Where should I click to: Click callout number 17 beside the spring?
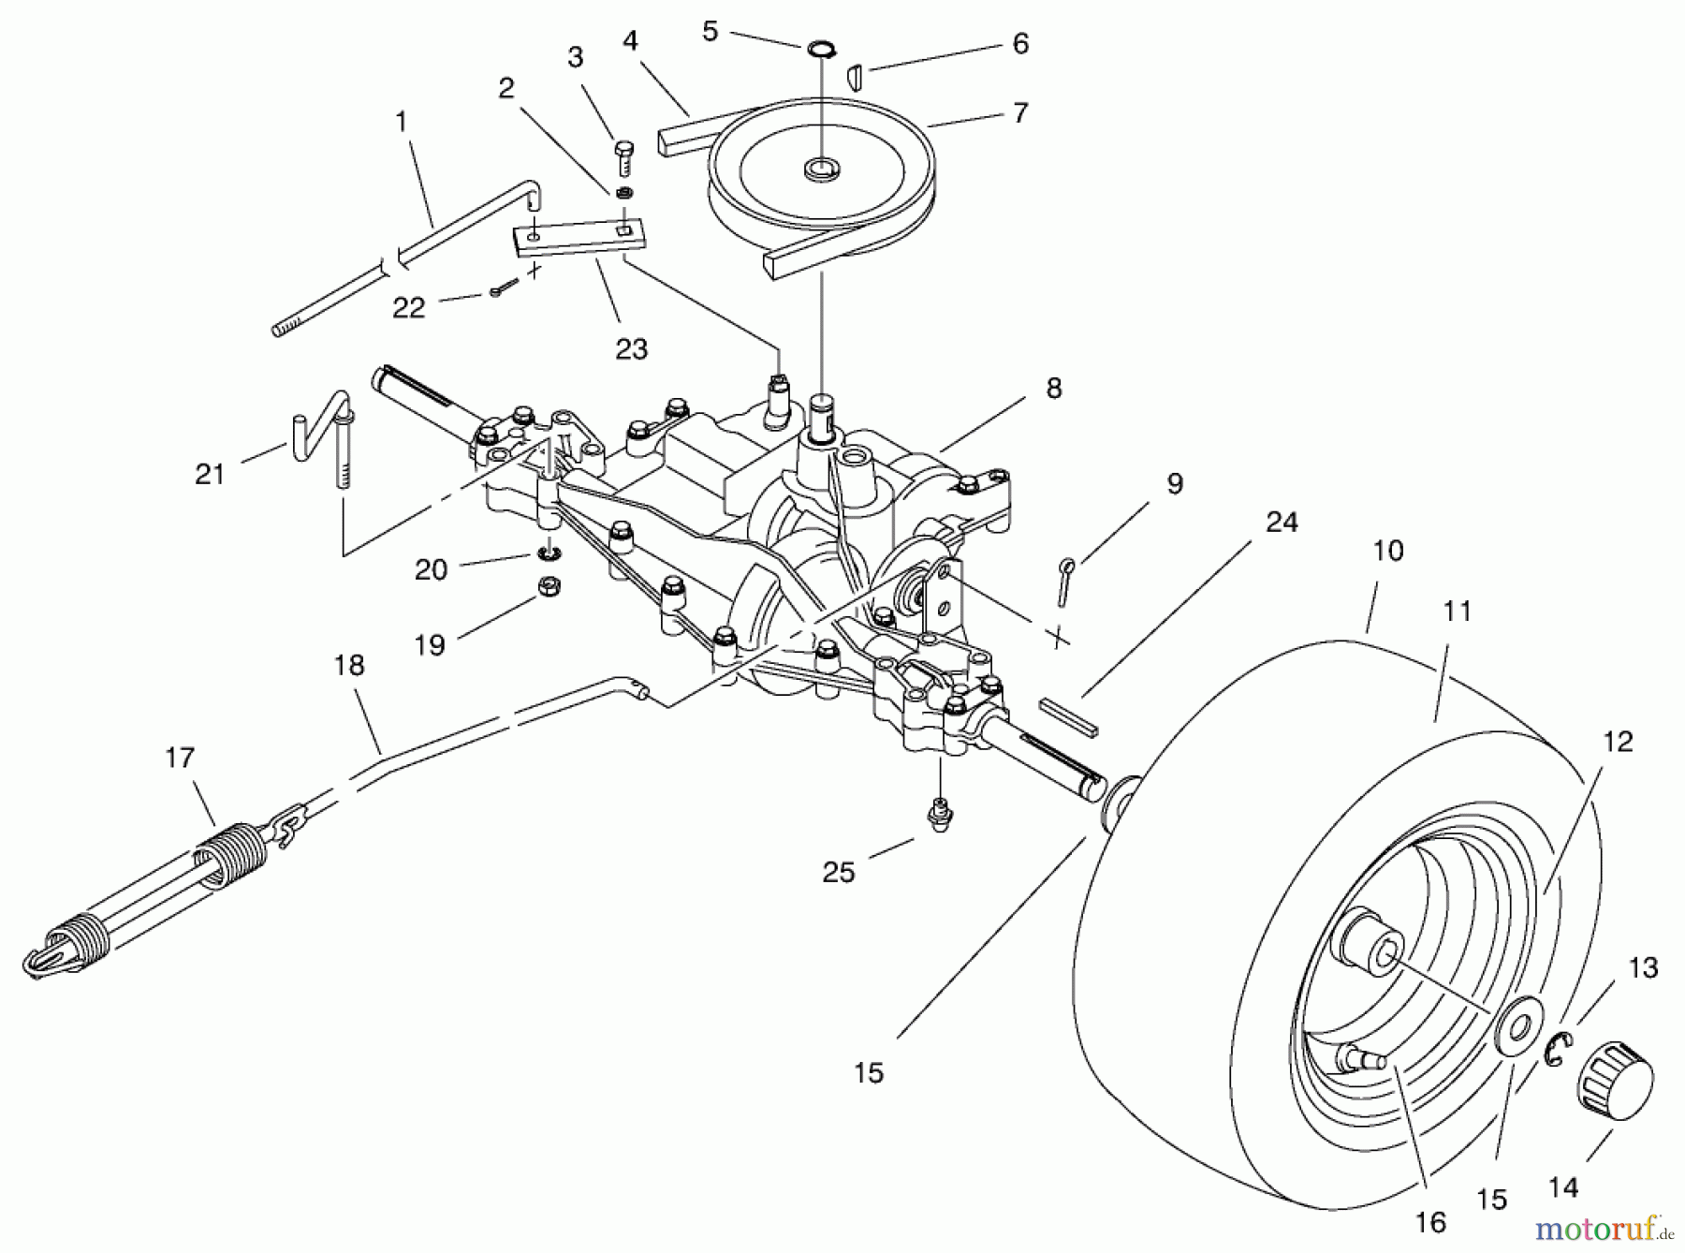point(180,758)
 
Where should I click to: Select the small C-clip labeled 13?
point(1557,1048)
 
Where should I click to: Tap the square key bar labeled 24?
point(1068,715)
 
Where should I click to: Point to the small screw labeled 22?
point(500,291)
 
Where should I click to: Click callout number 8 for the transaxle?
point(1054,389)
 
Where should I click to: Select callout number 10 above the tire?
point(1387,551)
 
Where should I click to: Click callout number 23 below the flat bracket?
point(631,349)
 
